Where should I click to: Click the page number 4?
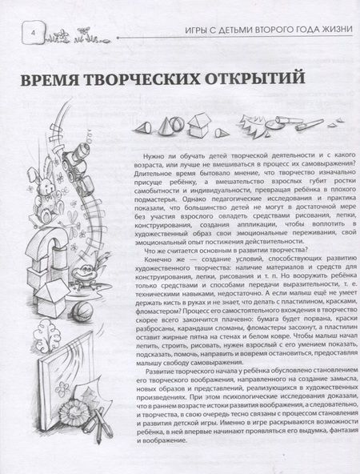tap(33, 33)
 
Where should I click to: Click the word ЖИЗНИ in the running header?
tap(338, 30)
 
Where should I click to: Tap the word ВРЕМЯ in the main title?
tap(50, 79)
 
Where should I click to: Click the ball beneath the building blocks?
tap(82, 312)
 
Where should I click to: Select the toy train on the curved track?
tap(77, 169)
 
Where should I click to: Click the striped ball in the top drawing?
tap(175, 123)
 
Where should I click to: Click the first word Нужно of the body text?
tap(153, 156)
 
